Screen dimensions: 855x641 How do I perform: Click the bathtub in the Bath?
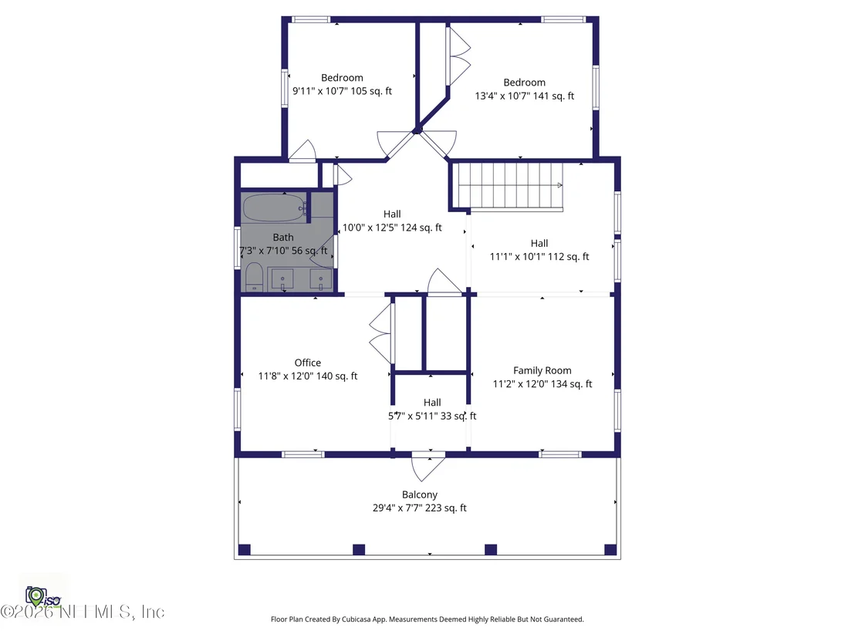(x=274, y=207)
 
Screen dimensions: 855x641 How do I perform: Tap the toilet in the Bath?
(x=254, y=277)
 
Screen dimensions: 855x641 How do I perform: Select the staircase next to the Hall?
(x=510, y=186)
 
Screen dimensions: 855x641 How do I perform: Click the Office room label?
(x=308, y=363)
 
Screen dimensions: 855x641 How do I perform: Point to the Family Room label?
(x=542, y=371)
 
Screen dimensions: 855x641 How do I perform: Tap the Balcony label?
(x=419, y=494)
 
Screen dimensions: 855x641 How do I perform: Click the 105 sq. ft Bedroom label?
(x=342, y=77)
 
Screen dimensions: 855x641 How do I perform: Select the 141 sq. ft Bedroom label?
(x=524, y=83)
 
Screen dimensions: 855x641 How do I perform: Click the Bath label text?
(x=283, y=237)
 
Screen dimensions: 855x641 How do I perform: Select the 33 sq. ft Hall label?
(x=432, y=402)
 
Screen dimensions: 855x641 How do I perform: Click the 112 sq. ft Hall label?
(x=539, y=243)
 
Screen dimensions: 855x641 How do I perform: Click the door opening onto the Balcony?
(x=428, y=467)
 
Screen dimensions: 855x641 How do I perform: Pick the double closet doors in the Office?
(x=381, y=333)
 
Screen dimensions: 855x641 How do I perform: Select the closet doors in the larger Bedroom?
(x=458, y=56)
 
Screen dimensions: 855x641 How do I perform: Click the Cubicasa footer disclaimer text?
(x=427, y=619)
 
